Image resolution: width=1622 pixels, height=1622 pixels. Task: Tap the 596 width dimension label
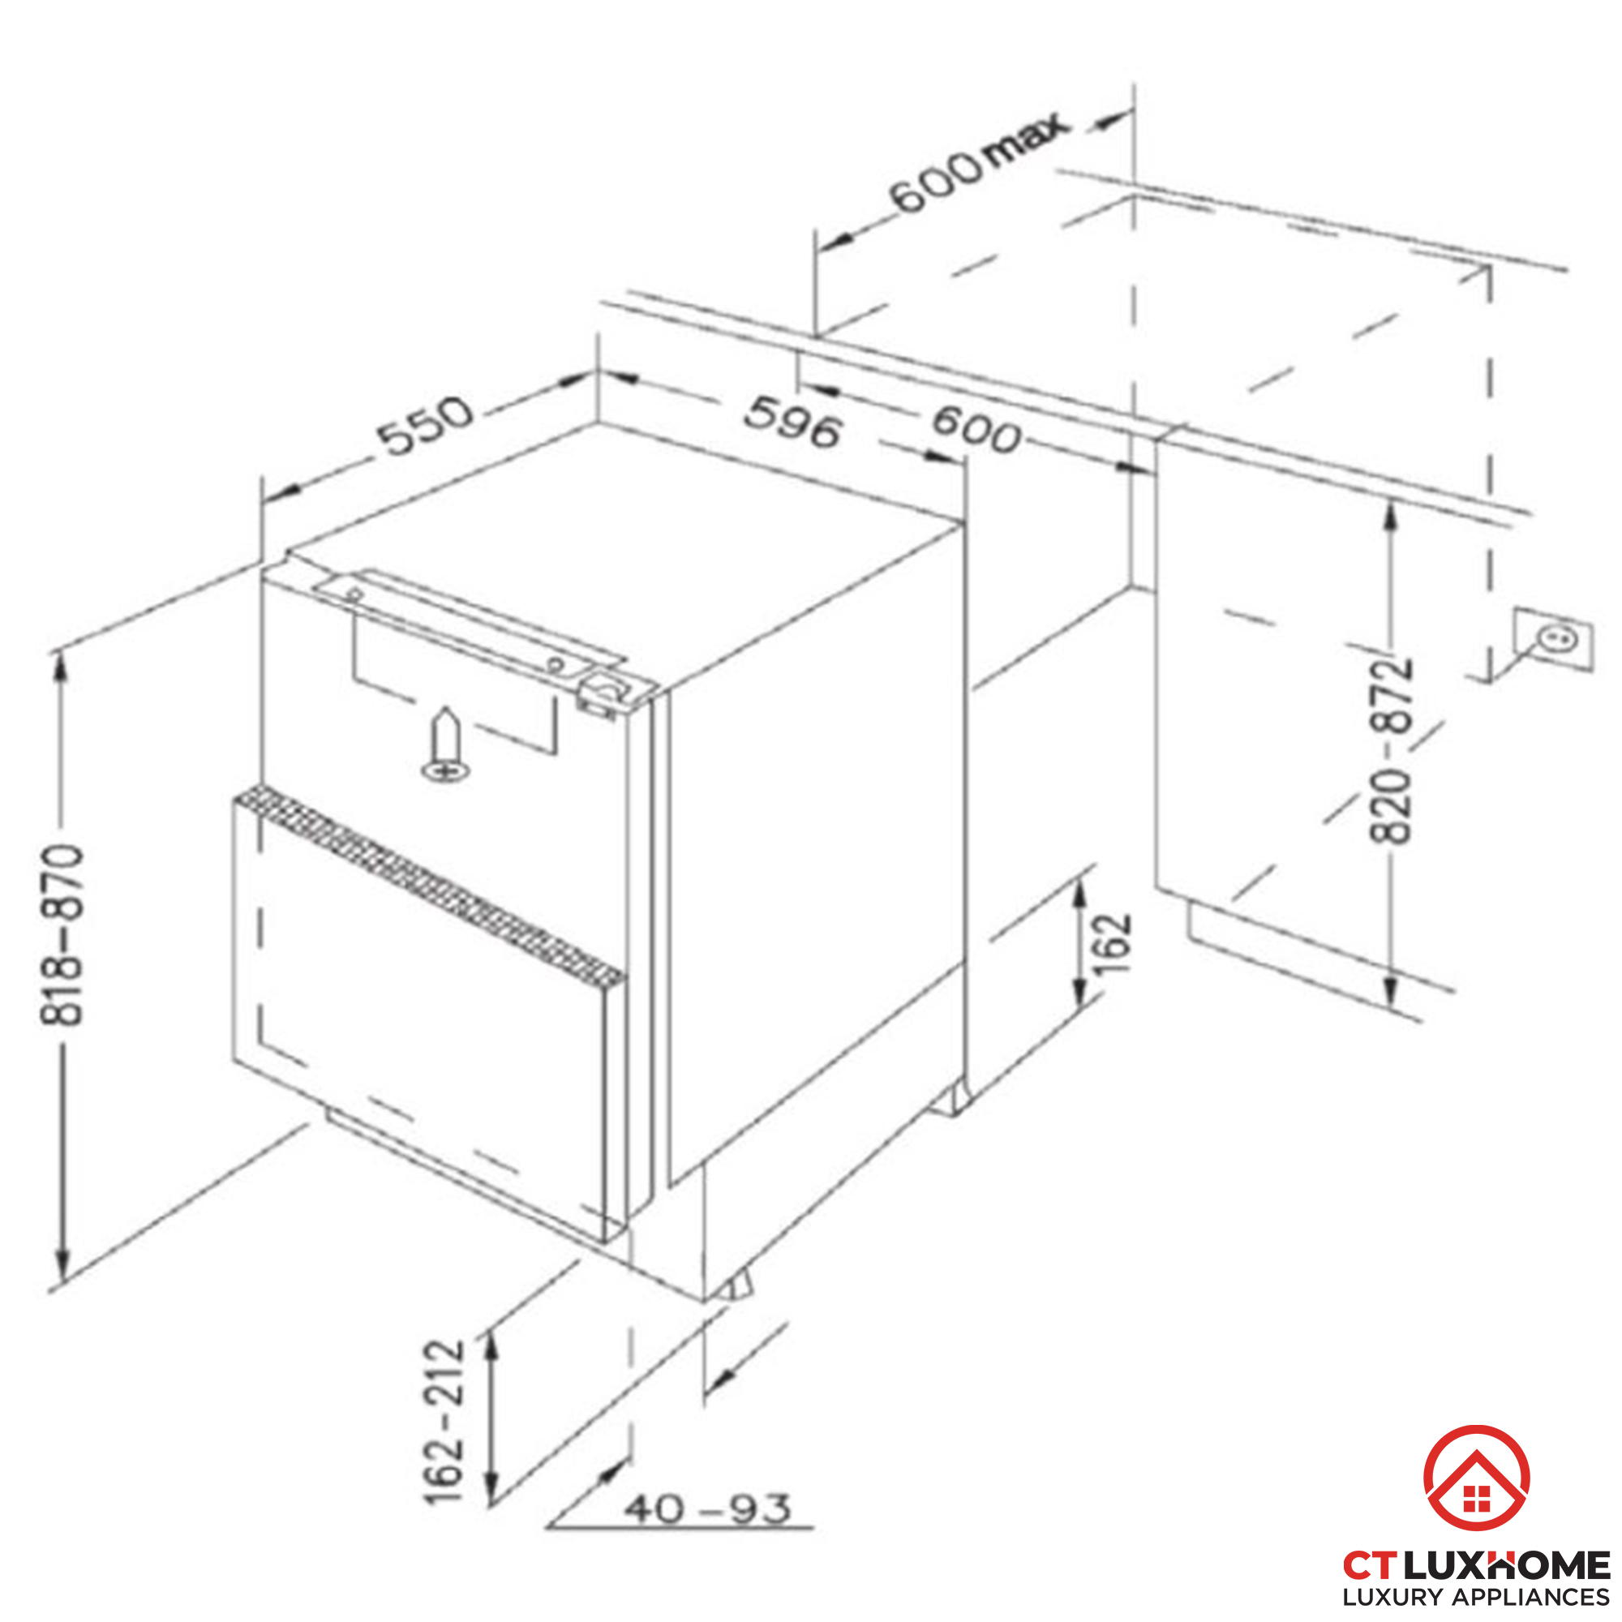[792, 423]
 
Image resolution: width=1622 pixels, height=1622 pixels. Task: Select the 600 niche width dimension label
[976, 430]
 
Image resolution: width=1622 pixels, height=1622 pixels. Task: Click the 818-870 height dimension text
[62, 935]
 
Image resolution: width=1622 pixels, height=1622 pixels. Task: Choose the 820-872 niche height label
[1391, 749]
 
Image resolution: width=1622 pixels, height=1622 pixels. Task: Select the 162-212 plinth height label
[444, 1422]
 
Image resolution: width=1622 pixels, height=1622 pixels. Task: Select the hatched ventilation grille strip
[429, 885]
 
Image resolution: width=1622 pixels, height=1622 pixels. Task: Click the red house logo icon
[1476, 1478]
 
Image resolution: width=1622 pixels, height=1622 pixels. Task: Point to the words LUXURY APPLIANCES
[1475, 1598]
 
